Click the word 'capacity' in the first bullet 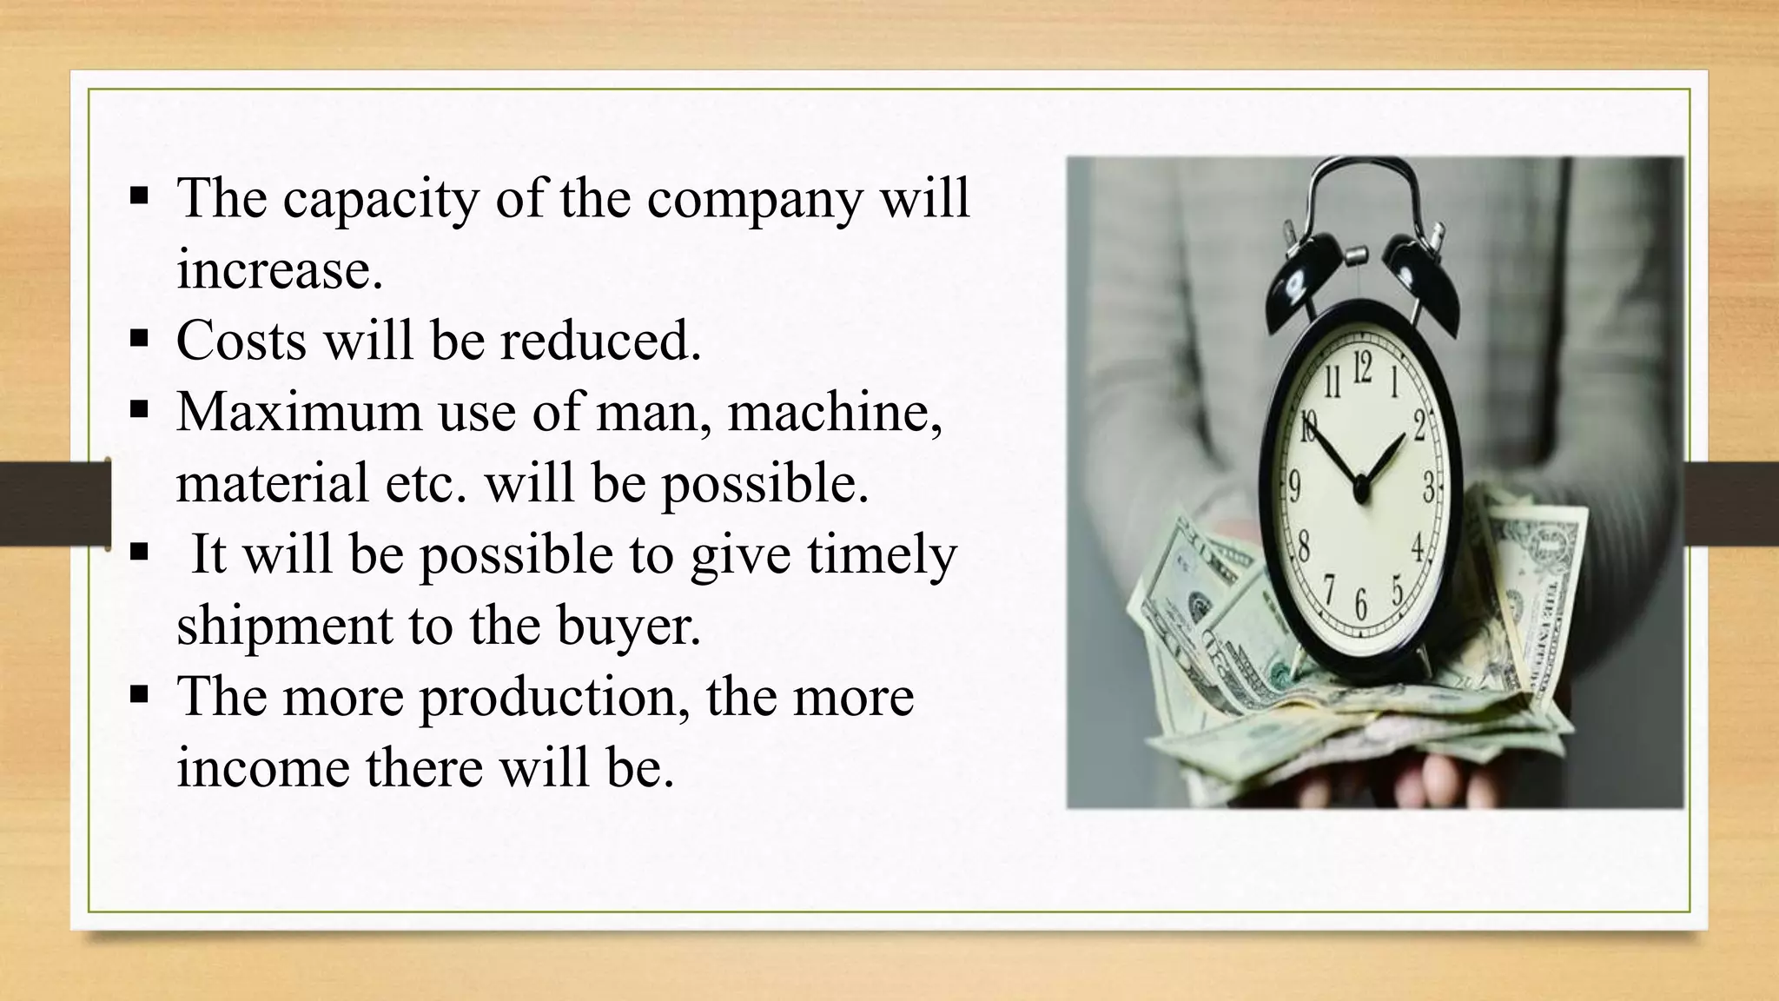pos(380,200)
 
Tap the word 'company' pos(754,200)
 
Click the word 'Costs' pos(241,340)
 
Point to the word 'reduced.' pos(600,340)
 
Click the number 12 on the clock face pos(1362,369)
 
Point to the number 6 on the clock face pos(1361,602)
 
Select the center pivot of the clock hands pos(1361,492)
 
